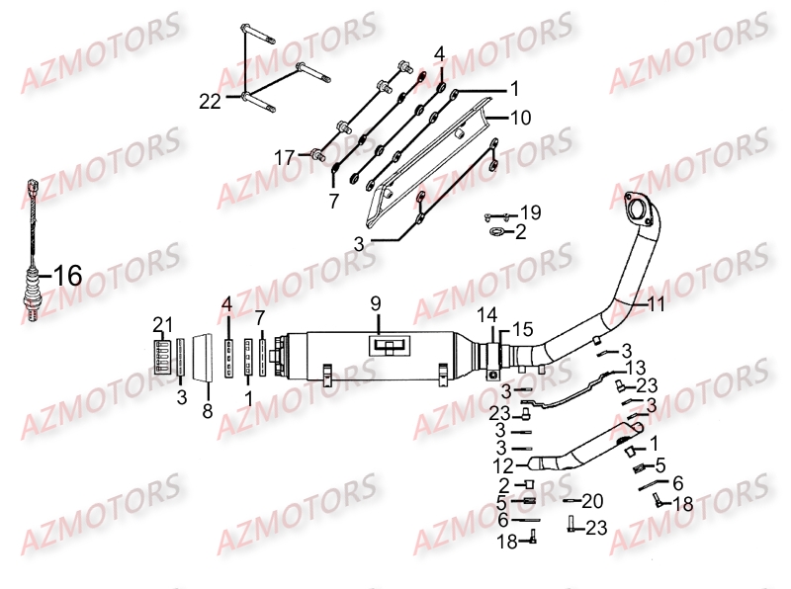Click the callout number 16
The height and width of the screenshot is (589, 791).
coord(67,277)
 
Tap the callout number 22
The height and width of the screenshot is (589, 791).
coord(210,101)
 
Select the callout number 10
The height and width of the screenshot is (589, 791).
coord(520,117)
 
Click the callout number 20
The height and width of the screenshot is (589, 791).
coord(591,500)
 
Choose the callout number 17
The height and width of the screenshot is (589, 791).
coord(285,156)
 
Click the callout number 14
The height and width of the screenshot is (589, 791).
coord(486,315)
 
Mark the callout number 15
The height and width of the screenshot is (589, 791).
coord(522,327)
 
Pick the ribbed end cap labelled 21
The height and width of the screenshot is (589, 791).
coord(161,356)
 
